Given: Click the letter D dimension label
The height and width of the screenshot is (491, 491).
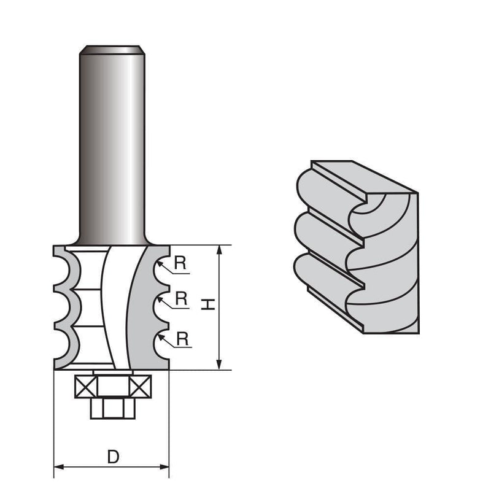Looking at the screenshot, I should tap(112, 457).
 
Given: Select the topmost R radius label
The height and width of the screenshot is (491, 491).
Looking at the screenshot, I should tap(180, 263).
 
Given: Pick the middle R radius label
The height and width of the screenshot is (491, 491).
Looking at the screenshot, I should tap(181, 299).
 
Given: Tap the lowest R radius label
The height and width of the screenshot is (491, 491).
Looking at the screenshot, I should tap(181, 338).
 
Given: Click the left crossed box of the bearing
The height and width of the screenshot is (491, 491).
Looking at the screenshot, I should tap(84, 387).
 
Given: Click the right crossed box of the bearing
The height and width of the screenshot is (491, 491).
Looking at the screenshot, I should tap(141, 387).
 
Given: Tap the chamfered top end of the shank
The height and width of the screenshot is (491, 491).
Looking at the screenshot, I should tap(112, 47).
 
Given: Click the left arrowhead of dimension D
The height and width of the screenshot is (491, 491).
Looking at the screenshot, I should tap(59, 467).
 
